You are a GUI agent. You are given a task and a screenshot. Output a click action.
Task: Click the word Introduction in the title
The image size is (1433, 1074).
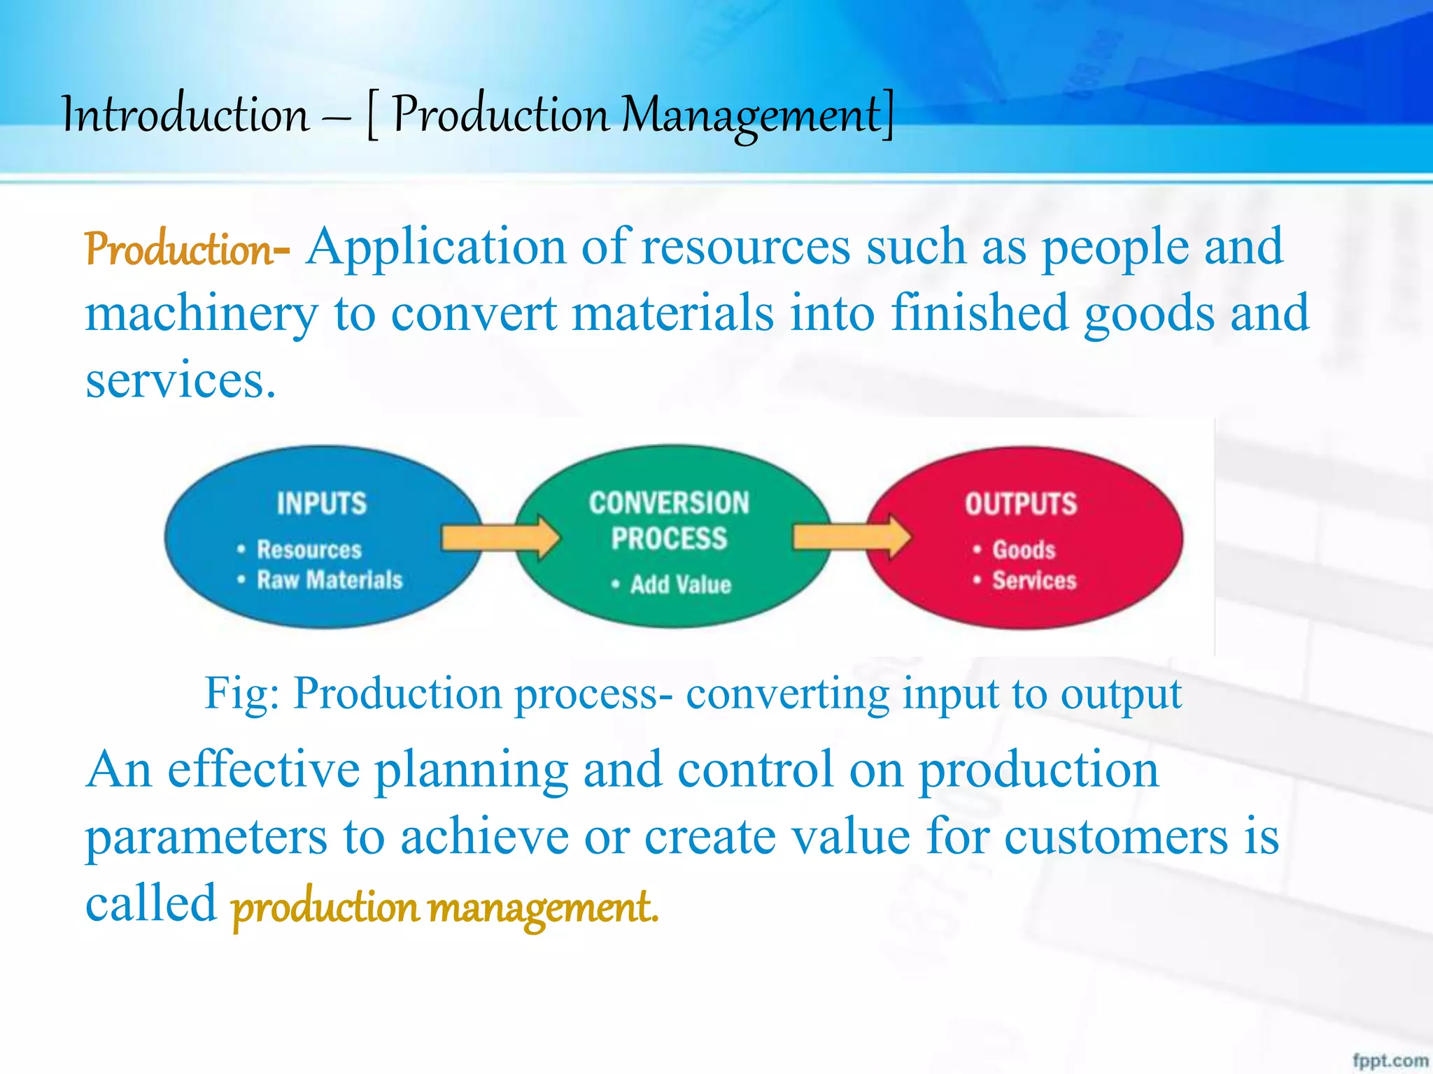[x=185, y=115]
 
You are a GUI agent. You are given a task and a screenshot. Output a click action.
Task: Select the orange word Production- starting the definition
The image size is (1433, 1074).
[x=186, y=250]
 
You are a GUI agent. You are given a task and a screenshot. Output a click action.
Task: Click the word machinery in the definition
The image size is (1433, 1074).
[x=202, y=314]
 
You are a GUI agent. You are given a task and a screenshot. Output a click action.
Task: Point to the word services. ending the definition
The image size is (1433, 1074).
[x=181, y=381]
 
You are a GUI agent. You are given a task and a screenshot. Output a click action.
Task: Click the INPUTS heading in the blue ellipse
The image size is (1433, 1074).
[x=321, y=503]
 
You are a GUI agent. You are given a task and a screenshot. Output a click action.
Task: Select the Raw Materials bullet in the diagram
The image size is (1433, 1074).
[x=330, y=580]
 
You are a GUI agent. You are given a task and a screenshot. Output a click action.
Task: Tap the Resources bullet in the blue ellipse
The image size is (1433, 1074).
[x=309, y=550]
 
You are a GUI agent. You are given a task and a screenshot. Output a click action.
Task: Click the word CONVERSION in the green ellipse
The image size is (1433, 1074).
[x=669, y=503]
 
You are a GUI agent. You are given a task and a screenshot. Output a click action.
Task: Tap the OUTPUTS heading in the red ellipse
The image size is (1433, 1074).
[x=1021, y=504]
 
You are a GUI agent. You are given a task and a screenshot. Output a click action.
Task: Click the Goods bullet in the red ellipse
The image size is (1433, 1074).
[x=1023, y=550]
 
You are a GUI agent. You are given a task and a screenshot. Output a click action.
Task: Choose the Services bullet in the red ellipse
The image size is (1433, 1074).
[x=1033, y=580]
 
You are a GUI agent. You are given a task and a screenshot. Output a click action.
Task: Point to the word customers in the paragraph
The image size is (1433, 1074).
[x=1116, y=837]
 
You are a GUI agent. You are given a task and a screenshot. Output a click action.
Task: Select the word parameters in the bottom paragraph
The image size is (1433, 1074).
[x=206, y=837]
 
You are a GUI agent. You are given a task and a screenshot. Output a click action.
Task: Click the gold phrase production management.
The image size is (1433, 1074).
[x=444, y=907]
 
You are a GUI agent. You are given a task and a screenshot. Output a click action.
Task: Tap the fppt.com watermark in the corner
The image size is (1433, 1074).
[x=1389, y=1060]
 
